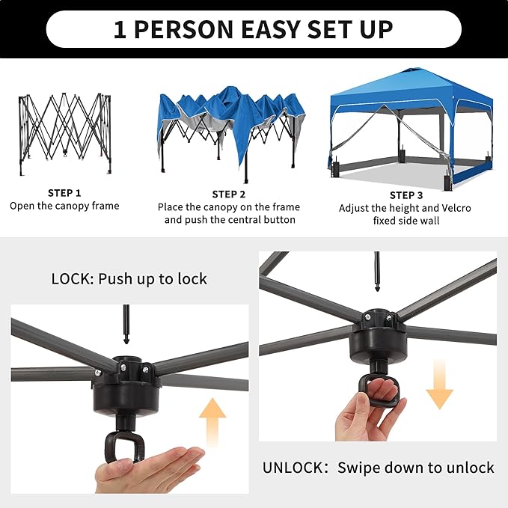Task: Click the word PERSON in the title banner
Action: (x=183, y=29)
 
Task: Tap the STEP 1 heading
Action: (x=64, y=193)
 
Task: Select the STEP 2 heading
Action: (x=229, y=195)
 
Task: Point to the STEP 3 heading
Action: (x=406, y=195)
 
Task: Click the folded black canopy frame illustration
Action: (x=65, y=134)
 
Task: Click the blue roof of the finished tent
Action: (x=411, y=87)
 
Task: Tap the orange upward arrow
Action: (x=212, y=422)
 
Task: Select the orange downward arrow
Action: (x=439, y=384)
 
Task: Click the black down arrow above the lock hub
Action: (x=126, y=324)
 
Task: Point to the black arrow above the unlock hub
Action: (x=377, y=272)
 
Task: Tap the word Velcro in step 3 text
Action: (x=456, y=208)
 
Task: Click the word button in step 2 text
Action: (x=279, y=220)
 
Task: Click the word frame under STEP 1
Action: (x=105, y=206)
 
